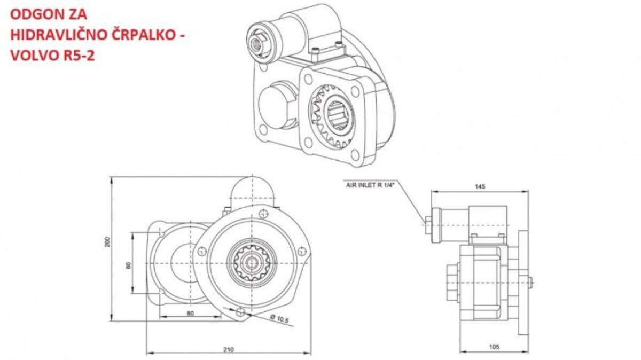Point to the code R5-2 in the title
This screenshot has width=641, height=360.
tap(78, 56)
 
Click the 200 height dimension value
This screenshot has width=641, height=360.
tap(107, 242)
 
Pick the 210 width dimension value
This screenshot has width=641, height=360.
tap(229, 349)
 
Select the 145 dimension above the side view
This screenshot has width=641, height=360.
tap(480, 186)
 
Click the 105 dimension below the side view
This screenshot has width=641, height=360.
tap(494, 347)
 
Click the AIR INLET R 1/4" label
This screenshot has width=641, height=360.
tap(370, 185)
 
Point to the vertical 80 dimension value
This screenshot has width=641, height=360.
tap(129, 265)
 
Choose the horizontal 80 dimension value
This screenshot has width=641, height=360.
tap(190, 314)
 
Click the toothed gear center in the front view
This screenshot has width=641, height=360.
tap(252, 263)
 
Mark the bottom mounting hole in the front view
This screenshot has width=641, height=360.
tap(241, 311)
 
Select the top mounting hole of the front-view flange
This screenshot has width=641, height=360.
tap(263, 214)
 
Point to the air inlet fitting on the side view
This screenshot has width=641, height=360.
tap(428, 225)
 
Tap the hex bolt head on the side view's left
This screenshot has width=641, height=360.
tap(454, 283)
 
